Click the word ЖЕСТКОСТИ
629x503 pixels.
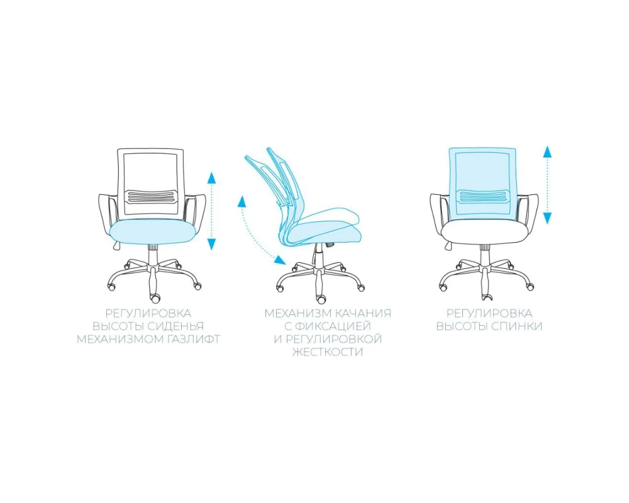click(x=328, y=352)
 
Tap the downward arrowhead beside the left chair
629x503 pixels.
click(x=211, y=244)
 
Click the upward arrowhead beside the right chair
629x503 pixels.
click(x=547, y=152)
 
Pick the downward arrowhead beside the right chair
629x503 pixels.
click(x=547, y=218)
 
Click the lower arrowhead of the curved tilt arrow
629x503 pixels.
click(x=280, y=260)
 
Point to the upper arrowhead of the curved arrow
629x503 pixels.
click(x=242, y=201)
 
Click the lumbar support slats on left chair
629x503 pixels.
click(x=151, y=197)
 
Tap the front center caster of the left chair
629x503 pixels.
click(x=155, y=298)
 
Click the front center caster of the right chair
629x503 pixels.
click(x=487, y=297)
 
